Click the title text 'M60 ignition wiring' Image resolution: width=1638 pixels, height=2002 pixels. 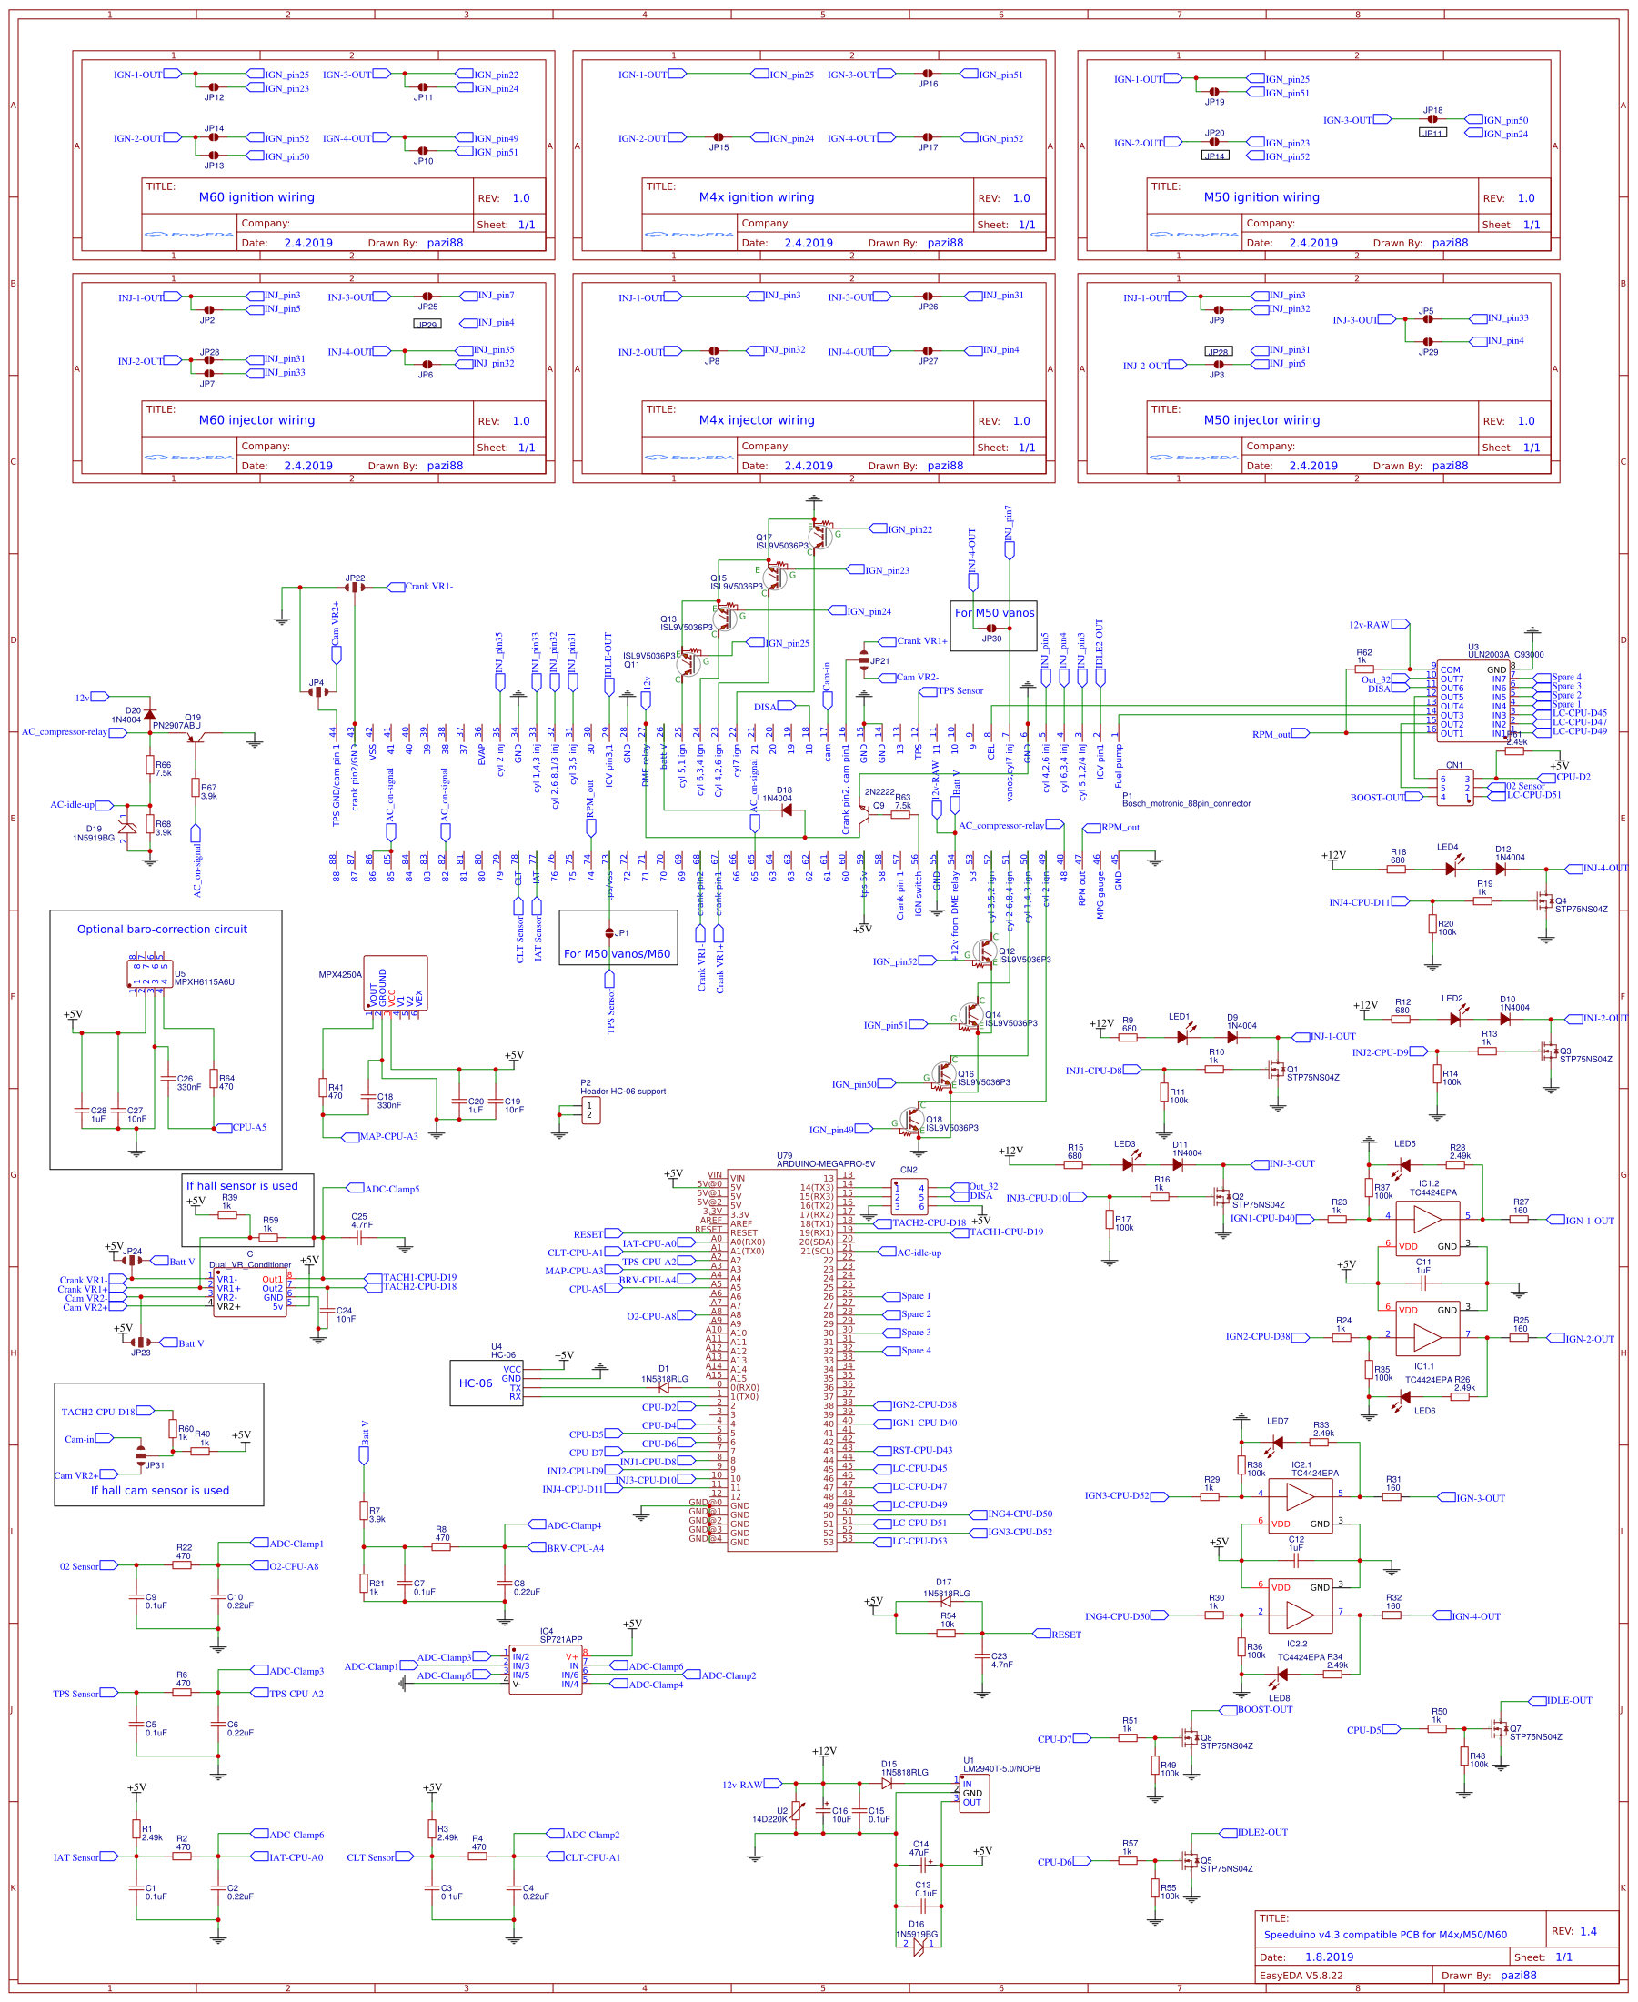point(256,197)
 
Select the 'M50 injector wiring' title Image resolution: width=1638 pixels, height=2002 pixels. point(1261,420)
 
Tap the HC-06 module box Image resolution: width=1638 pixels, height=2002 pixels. point(487,1383)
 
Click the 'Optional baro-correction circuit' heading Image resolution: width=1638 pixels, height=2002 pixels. point(162,930)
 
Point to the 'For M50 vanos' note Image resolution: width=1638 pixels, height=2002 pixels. point(993,613)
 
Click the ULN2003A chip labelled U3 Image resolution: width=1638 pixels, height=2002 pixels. point(1472,700)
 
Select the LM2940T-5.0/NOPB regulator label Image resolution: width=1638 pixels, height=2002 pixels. point(1001,1769)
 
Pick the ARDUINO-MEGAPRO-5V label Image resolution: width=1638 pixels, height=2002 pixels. point(825,1163)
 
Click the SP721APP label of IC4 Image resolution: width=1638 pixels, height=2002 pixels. point(560,1640)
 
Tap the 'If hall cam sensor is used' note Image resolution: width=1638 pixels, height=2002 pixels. point(159,1491)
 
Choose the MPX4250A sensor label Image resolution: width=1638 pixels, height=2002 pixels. point(339,974)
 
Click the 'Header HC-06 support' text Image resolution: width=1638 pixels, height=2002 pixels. point(623,1092)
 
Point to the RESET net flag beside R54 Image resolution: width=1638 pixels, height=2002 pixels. point(1065,1634)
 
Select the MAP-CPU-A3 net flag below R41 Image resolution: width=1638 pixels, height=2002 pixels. point(387,1136)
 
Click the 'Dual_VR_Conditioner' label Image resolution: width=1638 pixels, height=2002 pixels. point(250,1265)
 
